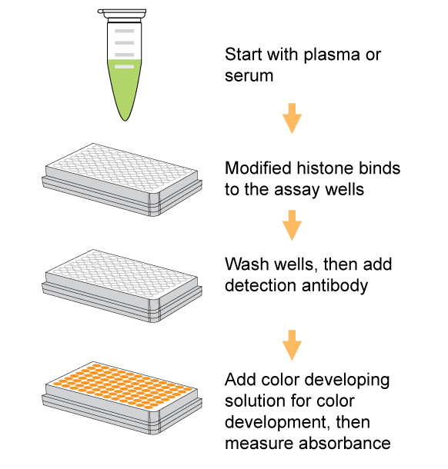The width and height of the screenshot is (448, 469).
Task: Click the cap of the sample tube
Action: click(122, 15)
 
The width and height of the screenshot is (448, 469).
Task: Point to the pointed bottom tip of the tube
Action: click(125, 120)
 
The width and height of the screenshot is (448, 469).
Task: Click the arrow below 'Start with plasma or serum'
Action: click(292, 118)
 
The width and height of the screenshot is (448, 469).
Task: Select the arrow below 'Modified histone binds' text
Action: click(292, 225)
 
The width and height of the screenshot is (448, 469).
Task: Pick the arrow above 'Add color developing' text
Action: click(292, 345)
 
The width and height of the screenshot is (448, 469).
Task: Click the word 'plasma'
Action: click(332, 55)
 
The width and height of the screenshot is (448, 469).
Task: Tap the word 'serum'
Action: click(249, 76)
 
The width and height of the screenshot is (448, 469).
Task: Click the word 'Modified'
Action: click(259, 168)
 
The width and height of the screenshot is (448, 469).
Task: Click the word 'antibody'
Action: click(335, 286)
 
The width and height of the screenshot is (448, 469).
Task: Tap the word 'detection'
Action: click(261, 285)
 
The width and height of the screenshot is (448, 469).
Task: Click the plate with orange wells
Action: click(122, 398)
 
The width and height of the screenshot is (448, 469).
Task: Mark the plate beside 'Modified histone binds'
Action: click(122, 180)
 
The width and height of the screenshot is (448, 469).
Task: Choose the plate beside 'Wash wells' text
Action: click(122, 286)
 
